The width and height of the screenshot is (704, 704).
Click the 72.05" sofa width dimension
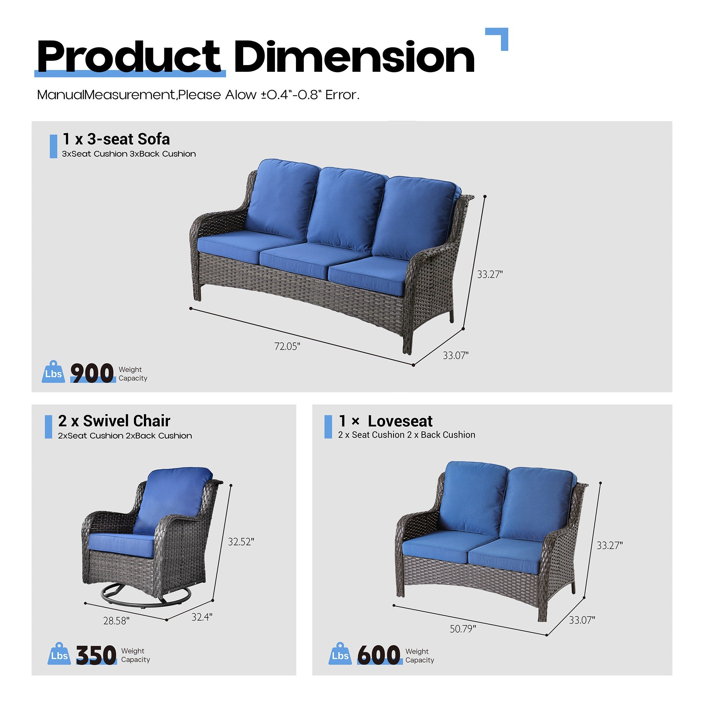tap(287, 346)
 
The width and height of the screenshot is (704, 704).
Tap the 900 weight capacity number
tap(92, 373)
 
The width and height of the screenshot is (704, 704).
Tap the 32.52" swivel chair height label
tap(241, 542)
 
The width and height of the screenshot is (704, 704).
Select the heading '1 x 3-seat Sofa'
tap(116, 139)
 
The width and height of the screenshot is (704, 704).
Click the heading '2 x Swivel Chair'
tap(114, 421)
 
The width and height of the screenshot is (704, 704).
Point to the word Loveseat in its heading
tap(400, 422)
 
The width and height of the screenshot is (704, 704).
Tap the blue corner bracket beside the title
tap(501, 37)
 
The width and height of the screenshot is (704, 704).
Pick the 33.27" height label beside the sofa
tap(490, 275)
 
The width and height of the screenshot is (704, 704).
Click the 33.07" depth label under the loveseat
tap(582, 620)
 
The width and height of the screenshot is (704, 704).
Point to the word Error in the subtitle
tap(342, 95)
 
